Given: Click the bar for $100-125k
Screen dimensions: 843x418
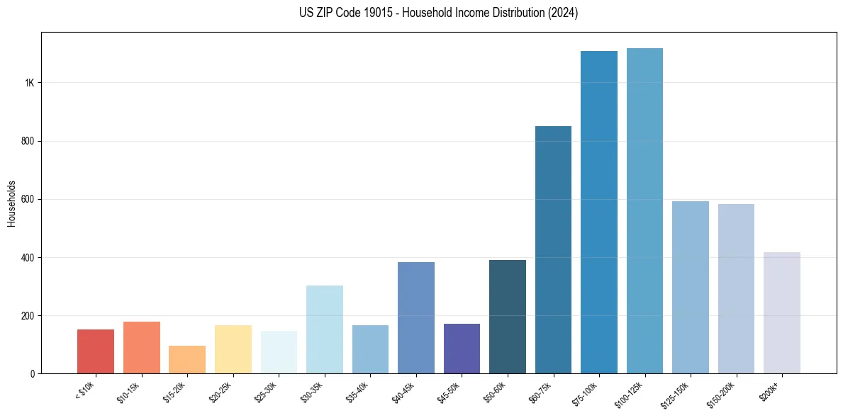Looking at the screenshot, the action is click(644, 213).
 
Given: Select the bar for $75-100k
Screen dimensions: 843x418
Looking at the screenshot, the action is click(599, 213).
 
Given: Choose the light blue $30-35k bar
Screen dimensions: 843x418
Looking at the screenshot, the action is click(325, 329).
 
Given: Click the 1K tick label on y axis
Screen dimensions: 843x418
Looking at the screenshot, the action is click(30, 83).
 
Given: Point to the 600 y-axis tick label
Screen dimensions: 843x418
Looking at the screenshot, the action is click(28, 199).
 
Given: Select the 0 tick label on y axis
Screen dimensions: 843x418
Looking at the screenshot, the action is click(33, 373).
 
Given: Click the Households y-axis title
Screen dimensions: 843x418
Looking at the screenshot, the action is click(11, 203).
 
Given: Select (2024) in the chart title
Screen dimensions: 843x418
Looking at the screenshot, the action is click(561, 13).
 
